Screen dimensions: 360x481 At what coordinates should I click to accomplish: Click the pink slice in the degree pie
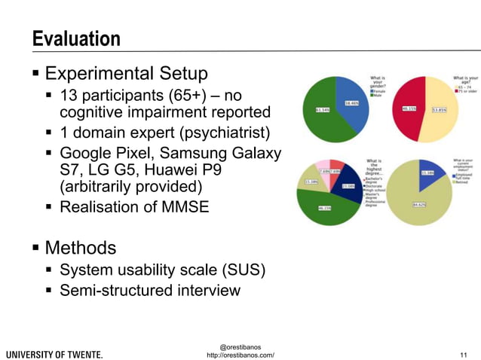pos(322,168)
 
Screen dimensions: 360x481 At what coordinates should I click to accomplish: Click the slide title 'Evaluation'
pos(76,39)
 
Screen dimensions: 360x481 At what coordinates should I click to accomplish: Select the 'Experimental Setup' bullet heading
pos(126,74)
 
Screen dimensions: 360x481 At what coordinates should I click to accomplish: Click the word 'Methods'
pos(81,248)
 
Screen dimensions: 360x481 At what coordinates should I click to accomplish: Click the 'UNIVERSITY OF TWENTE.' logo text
pos(55,354)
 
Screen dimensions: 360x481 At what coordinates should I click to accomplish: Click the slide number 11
pos(464,354)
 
